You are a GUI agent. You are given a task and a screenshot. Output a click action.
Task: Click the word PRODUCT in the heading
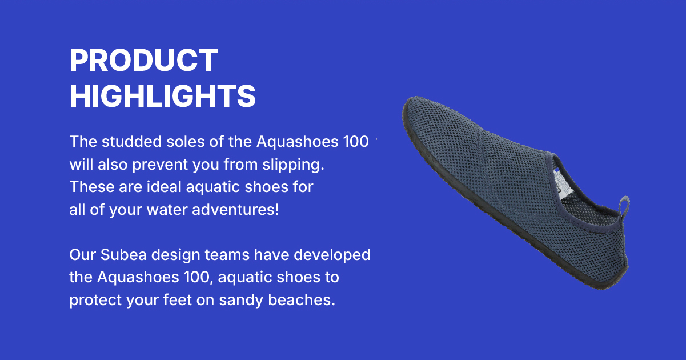143,60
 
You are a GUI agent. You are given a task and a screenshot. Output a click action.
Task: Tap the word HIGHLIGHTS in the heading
163,96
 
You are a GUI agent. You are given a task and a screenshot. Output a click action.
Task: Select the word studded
132,142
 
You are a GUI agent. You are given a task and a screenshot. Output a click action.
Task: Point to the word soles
186,142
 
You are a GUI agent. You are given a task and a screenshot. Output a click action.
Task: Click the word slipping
293,165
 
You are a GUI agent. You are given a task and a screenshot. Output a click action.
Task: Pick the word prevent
160,165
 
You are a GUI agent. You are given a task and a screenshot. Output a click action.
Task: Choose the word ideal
164,187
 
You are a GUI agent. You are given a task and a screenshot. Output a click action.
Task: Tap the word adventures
235,210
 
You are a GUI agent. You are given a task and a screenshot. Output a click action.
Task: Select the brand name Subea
123,255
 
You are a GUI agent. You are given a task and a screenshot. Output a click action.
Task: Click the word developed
332,255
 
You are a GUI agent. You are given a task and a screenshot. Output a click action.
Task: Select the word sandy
241,300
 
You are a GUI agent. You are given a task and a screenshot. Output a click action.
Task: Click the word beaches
302,299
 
